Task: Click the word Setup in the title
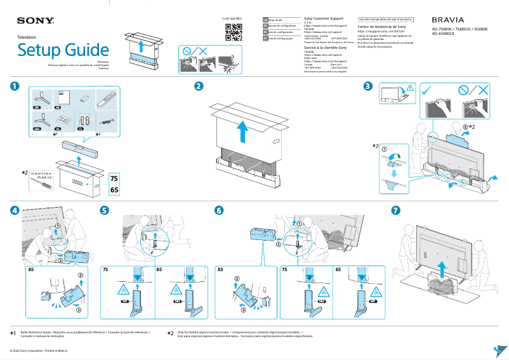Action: (43, 50)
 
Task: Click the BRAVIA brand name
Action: (447, 20)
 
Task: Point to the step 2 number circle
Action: (199, 86)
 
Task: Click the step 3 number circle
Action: (369, 86)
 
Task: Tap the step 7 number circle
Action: (395, 210)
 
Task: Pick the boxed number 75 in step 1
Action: (114, 178)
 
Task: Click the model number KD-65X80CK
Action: (443, 34)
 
